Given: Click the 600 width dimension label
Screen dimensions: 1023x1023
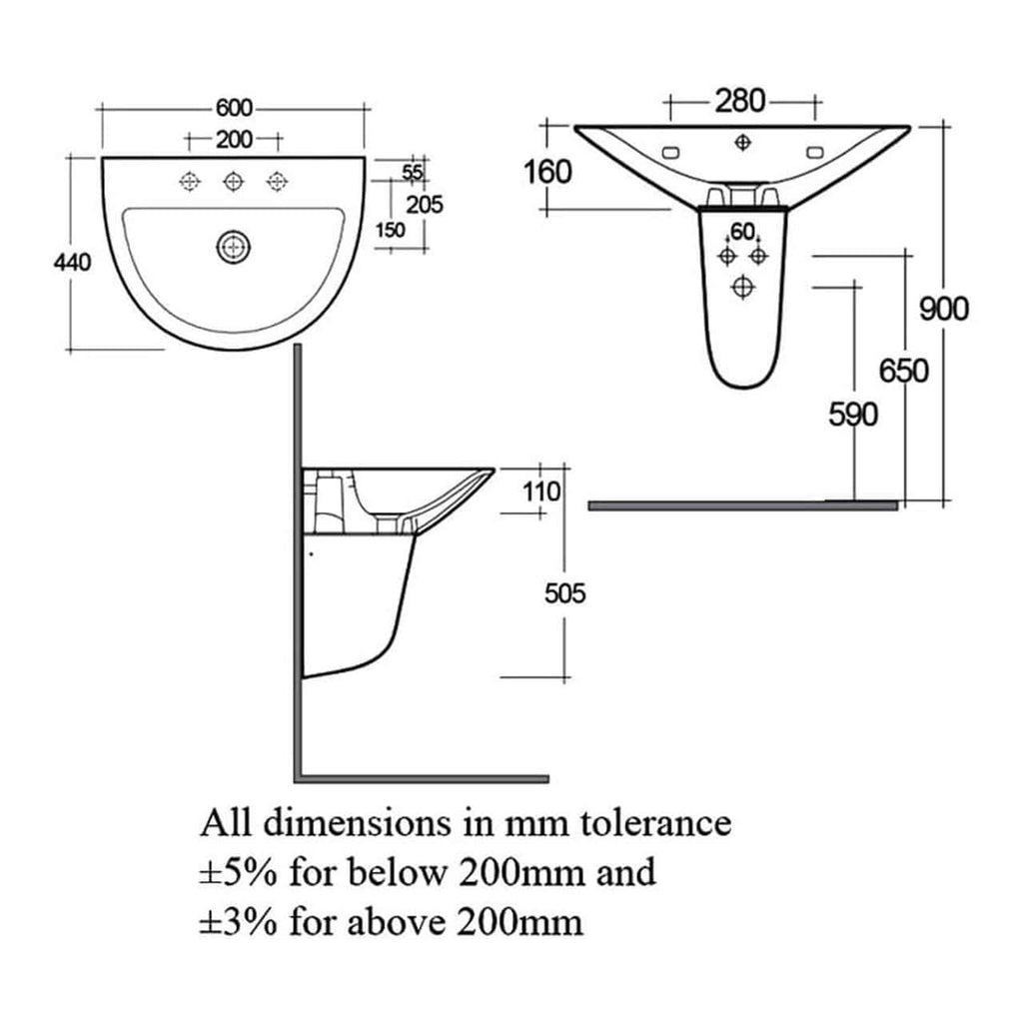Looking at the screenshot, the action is pos(234,108).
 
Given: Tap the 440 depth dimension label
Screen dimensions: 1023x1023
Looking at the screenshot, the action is pos(72,263).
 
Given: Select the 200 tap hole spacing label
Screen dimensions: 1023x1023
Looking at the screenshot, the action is pos(234,140).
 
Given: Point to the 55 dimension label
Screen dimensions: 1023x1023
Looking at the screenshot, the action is pos(413,172).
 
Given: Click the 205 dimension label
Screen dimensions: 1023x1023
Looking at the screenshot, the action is pos(425,205).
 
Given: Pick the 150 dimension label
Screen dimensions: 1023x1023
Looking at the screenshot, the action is pos(391,231).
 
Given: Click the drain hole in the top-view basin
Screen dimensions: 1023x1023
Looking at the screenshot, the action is pos(233,248).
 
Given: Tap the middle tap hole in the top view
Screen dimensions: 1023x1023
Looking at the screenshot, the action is pos(233,181).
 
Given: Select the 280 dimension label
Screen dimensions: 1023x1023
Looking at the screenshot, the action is pos(740,101).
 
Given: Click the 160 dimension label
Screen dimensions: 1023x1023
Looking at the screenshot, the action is pos(548,172).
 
